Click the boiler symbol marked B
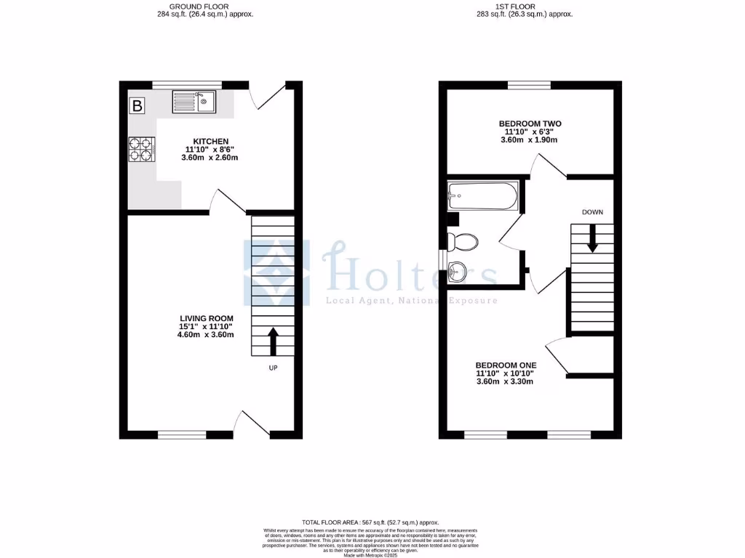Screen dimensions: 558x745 [137, 106]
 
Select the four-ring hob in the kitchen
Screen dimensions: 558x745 [142, 150]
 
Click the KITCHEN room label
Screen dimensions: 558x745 [210, 141]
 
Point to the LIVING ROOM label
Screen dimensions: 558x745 [207, 318]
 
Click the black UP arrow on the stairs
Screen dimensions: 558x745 [274, 340]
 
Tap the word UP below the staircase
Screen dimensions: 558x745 [274, 368]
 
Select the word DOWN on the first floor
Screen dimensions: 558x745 [592, 212]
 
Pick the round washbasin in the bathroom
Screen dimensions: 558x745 [458, 272]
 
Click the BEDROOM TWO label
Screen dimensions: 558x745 [530, 124]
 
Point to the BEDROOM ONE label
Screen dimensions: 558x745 [505, 365]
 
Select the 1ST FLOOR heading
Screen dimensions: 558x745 [515, 7]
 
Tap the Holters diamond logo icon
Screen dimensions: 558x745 [276, 274]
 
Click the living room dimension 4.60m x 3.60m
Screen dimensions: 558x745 [207, 336]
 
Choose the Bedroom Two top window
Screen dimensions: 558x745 [530, 85]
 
